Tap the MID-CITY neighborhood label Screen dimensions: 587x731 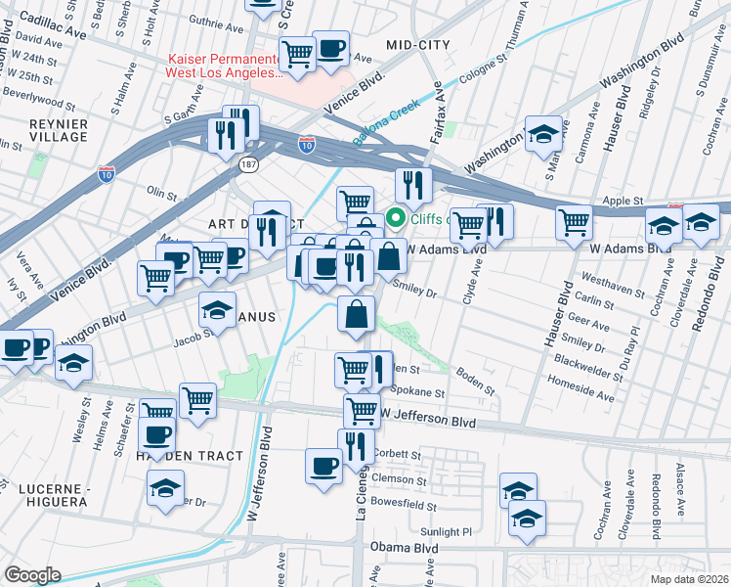[x=418, y=45]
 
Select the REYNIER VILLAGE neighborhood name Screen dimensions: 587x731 [x=58, y=131]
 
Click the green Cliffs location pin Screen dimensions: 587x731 [x=397, y=217]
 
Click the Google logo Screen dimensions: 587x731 [x=32, y=575]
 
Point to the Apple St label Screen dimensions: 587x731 [x=621, y=201]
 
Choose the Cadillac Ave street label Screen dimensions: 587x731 [x=43, y=18]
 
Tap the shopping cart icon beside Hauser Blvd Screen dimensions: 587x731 [x=574, y=222]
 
